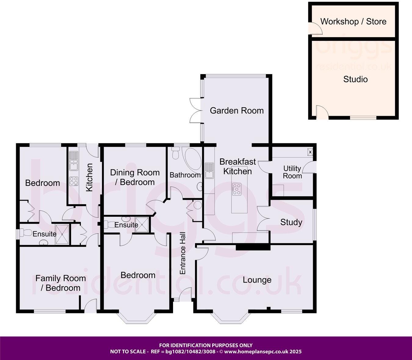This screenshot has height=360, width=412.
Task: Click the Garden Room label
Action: pyautogui.click(x=237, y=110)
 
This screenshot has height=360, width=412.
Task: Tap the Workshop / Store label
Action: pyautogui.click(x=353, y=22)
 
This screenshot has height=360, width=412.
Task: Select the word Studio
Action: pyautogui.click(x=355, y=79)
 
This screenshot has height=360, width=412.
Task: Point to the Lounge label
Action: pyautogui.click(x=257, y=280)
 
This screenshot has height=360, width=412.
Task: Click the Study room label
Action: pyautogui.click(x=291, y=222)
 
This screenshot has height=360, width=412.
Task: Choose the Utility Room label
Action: pyautogui.click(x=292, y=172)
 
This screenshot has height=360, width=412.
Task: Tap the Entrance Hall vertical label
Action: pyautogui.click(x=183, y=253)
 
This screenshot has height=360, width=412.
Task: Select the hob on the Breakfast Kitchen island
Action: pyautogui.click(x=236, y=189)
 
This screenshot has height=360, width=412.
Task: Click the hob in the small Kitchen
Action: pyautogui.click(x=73, y=181)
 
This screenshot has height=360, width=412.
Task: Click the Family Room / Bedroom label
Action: pyautogui.click(x=60, y=283)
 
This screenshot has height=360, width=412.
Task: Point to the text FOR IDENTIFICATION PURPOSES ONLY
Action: pyautogui.click(x=206, y=345)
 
